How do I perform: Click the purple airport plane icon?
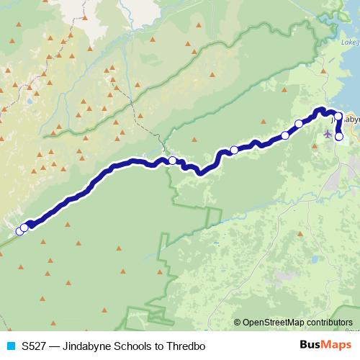click(x=328, y=133)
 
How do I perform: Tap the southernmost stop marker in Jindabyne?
click(x=339, y=137)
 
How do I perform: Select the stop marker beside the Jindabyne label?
click(x=338, y=117)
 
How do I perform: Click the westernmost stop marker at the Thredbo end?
click(x=19, y=231)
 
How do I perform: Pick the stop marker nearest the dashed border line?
click(x=173, y=161)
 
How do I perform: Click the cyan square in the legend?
click(x=9, y=346)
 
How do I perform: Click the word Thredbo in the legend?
click(x=186, y=346)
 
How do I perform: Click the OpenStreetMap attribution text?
click(x=294, y=323)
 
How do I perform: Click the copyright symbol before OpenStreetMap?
click(x=237, y=323)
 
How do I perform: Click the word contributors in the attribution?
click(x=328, y=323)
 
